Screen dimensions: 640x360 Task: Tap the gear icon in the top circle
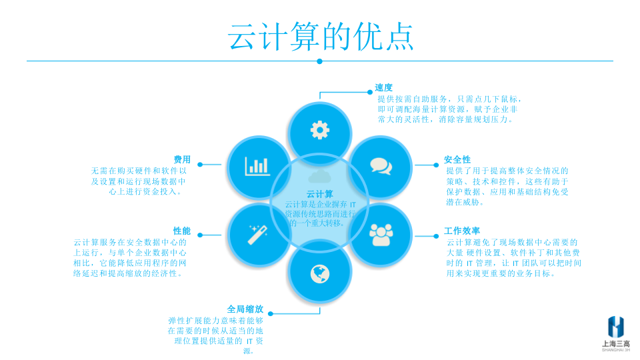[320, 129]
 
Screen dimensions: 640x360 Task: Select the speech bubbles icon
[381, 165]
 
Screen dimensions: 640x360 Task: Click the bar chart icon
[257, 166]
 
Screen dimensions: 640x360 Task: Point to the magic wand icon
[257, 234]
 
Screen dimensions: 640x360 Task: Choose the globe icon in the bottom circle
[320, 273]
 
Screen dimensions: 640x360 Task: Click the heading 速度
[384, 87]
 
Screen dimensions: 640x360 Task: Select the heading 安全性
[457, 160]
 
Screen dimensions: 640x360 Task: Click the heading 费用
[182, 160]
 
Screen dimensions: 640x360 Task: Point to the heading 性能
[182, 231]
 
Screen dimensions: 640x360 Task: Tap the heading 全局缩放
[245, 309]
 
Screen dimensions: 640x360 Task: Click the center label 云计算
[319, 194]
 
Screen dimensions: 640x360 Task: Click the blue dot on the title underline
[319, 61]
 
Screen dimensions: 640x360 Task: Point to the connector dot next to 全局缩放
[271, 312]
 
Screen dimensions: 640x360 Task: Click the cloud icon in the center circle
[319, 177]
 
